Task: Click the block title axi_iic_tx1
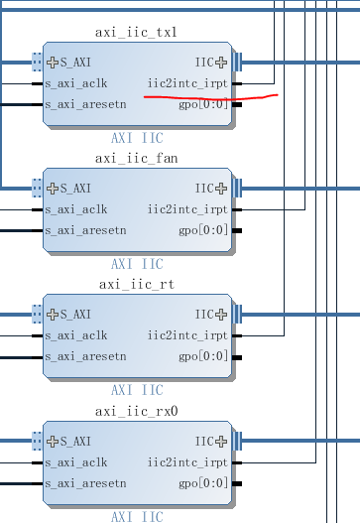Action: tap(137, 33)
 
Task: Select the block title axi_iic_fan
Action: tap(137, 159)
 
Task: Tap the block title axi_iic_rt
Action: tap(137, 285)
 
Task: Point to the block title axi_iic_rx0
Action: tap(137, 411)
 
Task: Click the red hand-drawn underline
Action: tap(210, 98)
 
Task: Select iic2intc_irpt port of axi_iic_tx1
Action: tap(187, 83)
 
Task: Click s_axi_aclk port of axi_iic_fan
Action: tap(84, 209)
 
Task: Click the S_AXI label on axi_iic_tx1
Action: tap(76, 62)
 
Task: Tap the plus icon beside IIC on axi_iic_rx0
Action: tap(222, 440)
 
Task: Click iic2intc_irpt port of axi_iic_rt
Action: tap(187, 335)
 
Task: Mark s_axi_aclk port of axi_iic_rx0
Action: tap(84, 461)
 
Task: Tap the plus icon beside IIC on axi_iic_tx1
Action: tap(222, 62)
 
